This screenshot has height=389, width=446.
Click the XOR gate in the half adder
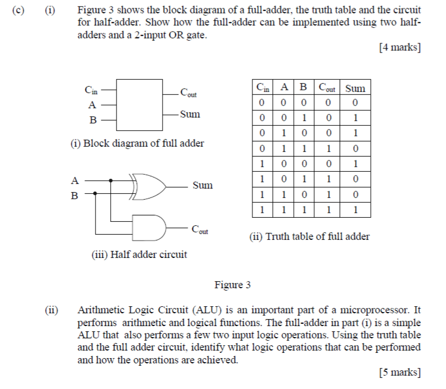[x=149, y=185]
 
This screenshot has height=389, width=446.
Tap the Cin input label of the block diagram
[x=92, y=90]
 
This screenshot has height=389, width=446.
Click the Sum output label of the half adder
[x=202, y=186]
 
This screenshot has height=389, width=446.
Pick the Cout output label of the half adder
[x=199, y=230]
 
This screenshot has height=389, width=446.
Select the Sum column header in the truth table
[x=355, y=89]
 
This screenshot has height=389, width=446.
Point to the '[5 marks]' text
[x=399, y=372]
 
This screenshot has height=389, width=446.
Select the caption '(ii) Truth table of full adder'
[x=309, y=236]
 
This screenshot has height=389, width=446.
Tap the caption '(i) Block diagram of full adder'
[x=138, y=143]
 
